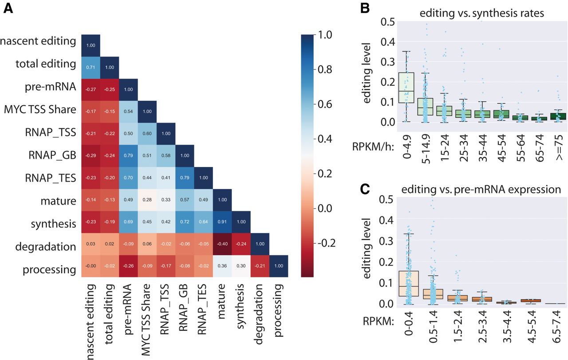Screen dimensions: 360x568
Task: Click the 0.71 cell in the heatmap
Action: pyautogui.click(x=91, y=64)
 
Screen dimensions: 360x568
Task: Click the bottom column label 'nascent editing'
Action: pyautogui.click(x=91, y=320)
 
